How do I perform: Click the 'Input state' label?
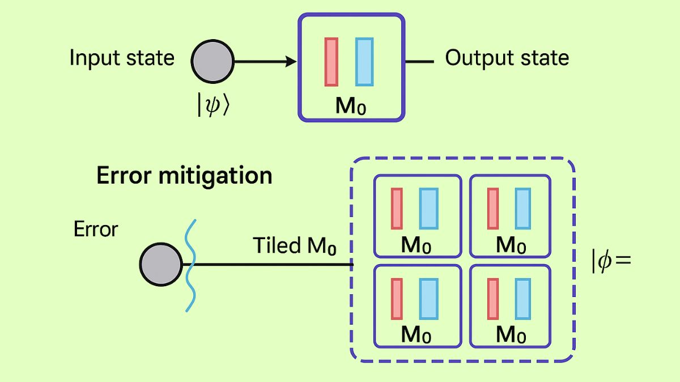click(x=122, y=58)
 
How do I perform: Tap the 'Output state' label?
click(x=507, y=58)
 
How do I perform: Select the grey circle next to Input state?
click(x=212, y=62)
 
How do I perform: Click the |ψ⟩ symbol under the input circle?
click(x=214, y=105)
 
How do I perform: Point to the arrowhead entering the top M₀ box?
click(x=291, y=62)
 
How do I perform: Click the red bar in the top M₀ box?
click(x=331, y=62)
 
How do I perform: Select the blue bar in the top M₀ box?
click(x=364, y=62)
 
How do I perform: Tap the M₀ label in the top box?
click(x=351, y=106)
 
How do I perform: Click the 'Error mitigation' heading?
click(x=184, y=176)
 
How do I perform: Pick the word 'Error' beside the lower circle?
click(x=96, y=230)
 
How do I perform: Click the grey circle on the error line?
click(x=160, y=265)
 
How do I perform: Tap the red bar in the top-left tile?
click(x=397, y=209)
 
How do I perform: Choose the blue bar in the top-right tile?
click(x=523, y=209)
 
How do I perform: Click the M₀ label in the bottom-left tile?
click(x=416, y=335)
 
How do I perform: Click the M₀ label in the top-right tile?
click(x=511, y=245)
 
